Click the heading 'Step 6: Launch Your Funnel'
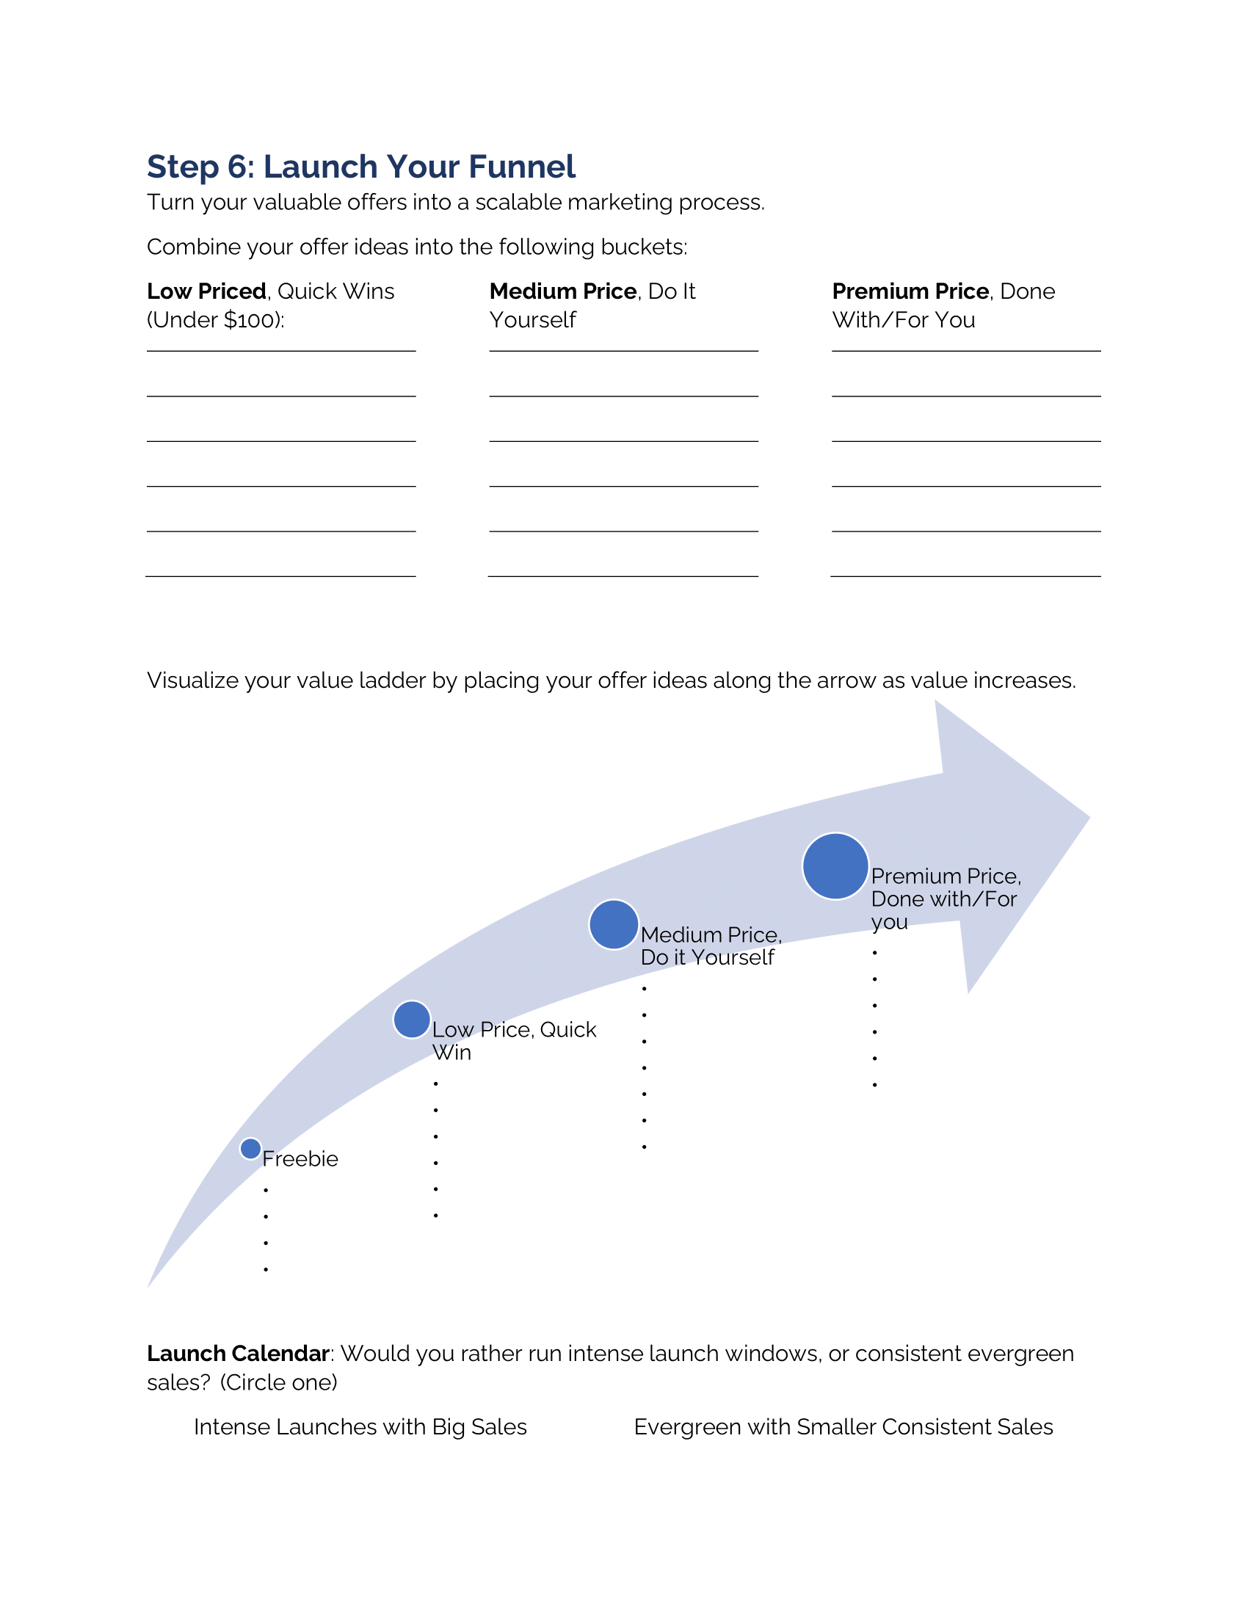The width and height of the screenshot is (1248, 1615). coord(360,167)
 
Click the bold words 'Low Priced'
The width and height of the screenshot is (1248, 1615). coord(206,291)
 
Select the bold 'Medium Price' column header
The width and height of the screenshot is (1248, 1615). coord(562,291)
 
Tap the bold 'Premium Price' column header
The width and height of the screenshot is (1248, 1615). coord(910,291)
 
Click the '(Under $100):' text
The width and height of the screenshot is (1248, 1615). coord(215,320)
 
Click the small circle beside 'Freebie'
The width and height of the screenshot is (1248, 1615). coord(250,1148)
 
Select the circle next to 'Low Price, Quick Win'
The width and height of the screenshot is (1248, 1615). coord(412,1020)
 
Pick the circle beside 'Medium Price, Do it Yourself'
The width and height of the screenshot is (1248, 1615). coord(614,924)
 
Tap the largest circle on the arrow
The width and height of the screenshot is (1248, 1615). coord(835,866)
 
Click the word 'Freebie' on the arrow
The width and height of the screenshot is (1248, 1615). coord(300,1158)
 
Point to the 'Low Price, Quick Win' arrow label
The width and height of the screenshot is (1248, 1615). coord(514,1040)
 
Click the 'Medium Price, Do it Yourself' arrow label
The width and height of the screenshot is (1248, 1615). coord(711,946)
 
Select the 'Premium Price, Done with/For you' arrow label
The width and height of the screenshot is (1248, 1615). coord(946,899)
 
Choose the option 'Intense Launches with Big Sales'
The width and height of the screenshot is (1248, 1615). coord(360,1427)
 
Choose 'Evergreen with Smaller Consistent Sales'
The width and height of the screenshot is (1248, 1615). coord(843,1427)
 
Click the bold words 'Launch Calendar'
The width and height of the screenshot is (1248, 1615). coord(237,1354)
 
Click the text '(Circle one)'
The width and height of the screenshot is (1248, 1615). coord(279,1383)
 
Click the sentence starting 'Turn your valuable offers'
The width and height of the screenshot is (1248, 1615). coord(455,203)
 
